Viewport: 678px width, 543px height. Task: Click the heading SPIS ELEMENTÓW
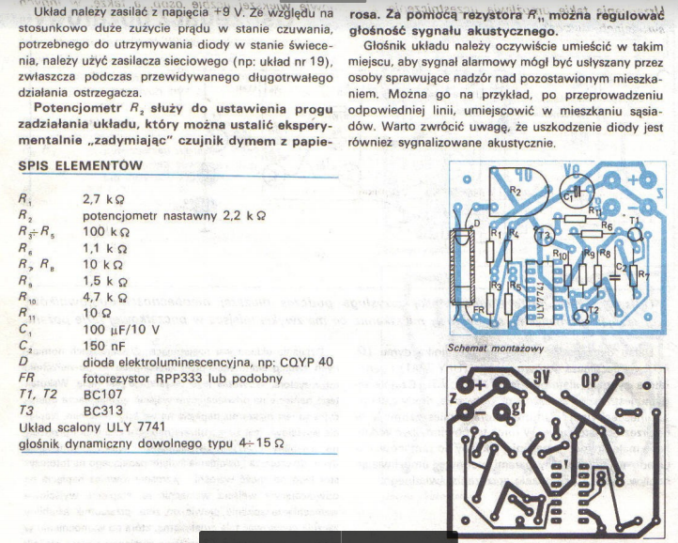(81, 166)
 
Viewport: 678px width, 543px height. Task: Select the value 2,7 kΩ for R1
(104, 200)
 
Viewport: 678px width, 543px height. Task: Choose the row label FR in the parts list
(24, 379)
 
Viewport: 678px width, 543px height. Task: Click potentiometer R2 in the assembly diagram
(515, 189)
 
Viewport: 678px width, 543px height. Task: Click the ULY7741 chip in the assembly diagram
(532, 287)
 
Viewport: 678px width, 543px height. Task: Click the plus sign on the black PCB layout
(478, 386)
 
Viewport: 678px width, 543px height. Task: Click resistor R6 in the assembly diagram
(605, 226)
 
